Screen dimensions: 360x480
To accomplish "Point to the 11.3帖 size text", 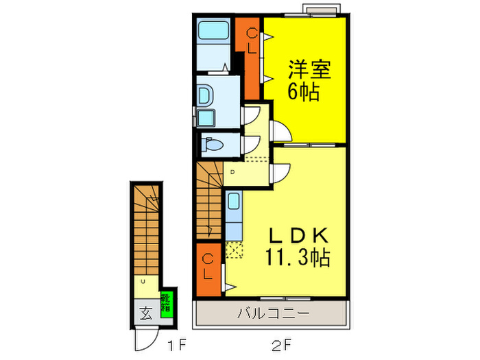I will click(x=298, y=259).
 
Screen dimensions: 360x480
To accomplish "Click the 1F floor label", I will click(x=175, y=341).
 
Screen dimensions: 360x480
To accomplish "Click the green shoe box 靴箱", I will click(x=167, y=302).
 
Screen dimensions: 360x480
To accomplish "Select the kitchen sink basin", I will click(x=233, y=202).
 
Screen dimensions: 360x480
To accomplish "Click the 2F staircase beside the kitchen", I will click(x=209, y=199).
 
